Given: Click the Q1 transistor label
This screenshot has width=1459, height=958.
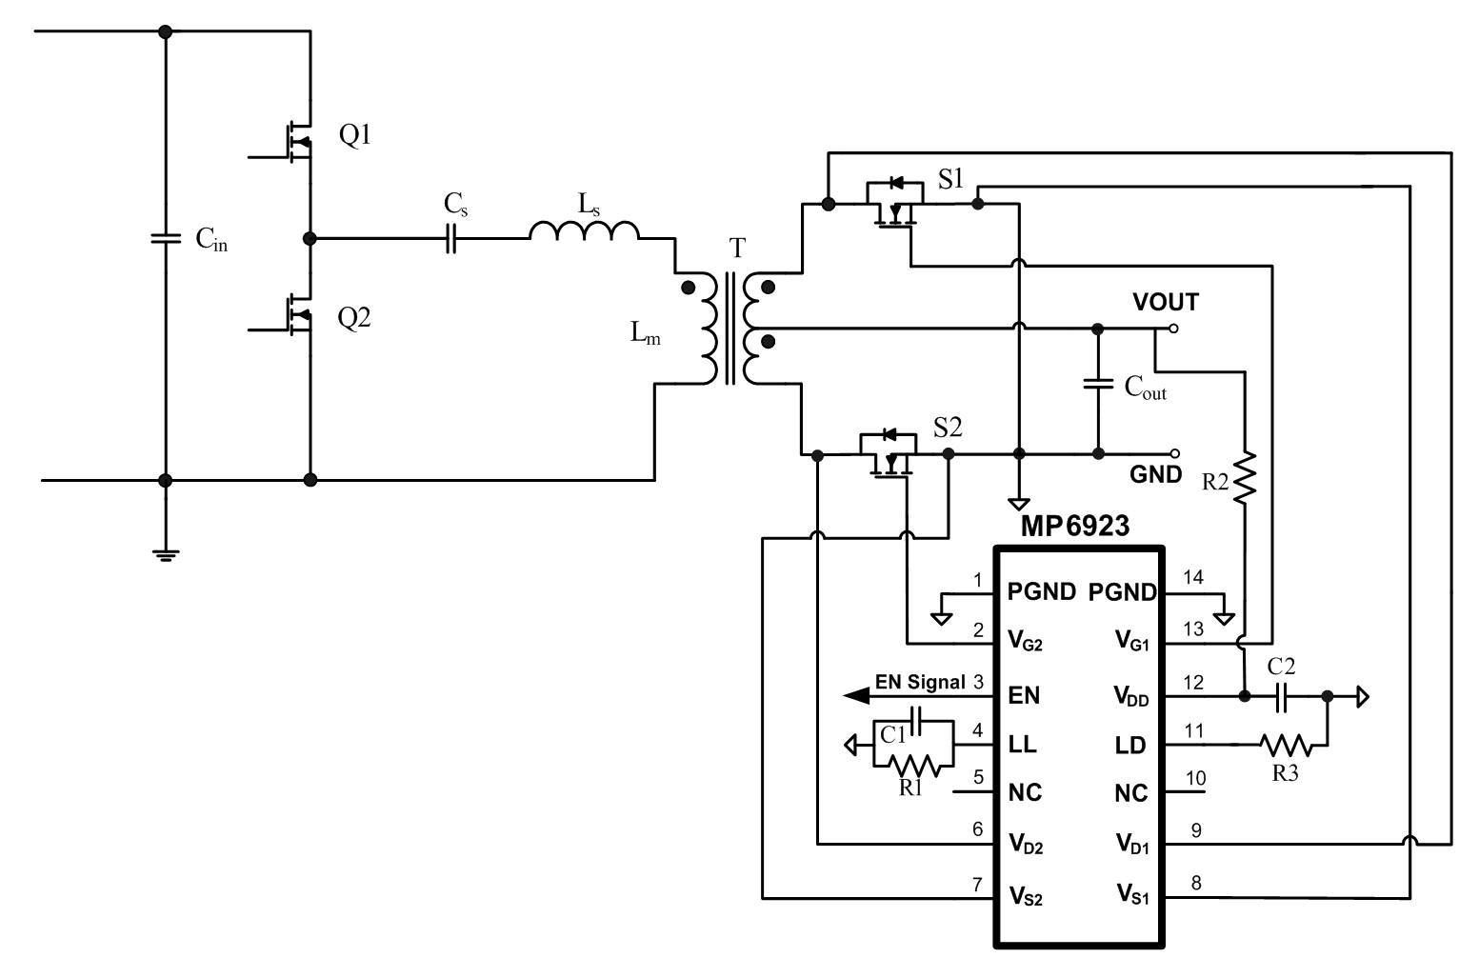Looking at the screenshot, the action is (355, 135).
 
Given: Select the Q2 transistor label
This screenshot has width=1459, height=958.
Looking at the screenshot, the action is (354, 318).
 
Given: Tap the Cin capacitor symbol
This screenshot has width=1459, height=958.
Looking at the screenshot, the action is (166, 238).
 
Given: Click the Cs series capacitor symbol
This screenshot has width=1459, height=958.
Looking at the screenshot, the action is (450, 238).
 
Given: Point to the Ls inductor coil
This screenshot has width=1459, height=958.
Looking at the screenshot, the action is (584, 230).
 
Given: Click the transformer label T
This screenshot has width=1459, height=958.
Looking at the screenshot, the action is (737, 249).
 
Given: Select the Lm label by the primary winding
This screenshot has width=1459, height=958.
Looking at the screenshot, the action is (645, 332).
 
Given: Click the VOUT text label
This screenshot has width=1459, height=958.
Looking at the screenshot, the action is (1166, 302).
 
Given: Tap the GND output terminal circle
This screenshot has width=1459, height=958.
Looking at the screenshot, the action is (1174, 454).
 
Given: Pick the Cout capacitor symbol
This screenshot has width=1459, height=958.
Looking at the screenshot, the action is (1097, 384).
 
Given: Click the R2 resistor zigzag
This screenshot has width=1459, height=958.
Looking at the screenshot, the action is (1245, 477).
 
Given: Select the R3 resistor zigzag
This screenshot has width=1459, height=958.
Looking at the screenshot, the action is (1286, 745).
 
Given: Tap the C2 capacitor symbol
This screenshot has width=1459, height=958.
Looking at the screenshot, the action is (1281, 697).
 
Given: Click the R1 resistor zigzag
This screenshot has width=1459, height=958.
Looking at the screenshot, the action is (913, 766).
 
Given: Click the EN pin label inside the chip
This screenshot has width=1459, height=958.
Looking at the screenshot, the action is (1024, 695).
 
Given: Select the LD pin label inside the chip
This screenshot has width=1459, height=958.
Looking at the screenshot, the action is (1130, 745).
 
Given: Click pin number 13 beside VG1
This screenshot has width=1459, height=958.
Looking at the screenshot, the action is (1193, 629).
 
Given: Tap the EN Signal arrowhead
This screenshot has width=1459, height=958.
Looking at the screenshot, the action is (856, 696).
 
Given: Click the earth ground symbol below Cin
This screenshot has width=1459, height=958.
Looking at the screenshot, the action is (166, 555).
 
